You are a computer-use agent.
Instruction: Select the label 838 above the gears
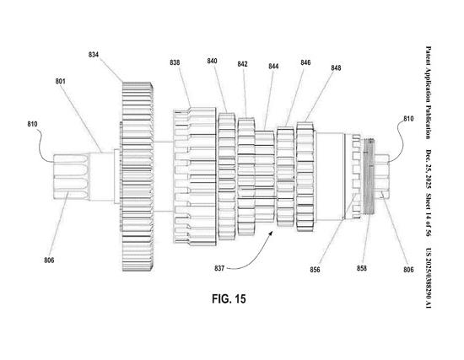[175, 63]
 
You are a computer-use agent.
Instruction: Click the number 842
[243, 64]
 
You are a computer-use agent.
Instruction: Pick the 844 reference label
[273, 67]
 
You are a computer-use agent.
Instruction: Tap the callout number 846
[305, 62]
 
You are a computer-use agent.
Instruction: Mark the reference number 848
[336, 68]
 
